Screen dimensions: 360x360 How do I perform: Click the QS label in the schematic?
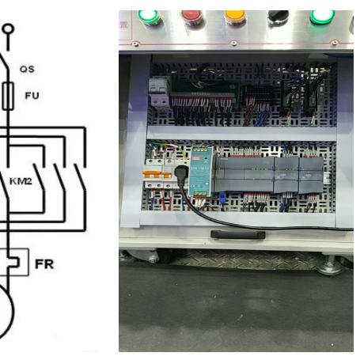(27, 69)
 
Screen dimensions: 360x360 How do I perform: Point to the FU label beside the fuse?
(32, 96)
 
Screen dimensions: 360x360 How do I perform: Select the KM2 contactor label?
(21, 181)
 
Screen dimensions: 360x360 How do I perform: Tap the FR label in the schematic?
(44, 264)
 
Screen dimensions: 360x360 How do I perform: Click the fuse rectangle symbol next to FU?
(8, 96)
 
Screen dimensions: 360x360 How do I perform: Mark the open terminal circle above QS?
(8, 28)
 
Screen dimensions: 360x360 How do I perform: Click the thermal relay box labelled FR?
(14, 262)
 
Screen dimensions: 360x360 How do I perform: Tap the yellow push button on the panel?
(234, 17)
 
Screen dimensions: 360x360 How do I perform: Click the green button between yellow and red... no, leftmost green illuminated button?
(149, 17)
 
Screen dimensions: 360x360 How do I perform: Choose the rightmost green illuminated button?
(322, 17)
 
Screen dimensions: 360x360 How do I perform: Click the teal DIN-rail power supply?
(201, 172)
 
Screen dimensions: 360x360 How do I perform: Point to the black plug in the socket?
(181, 175)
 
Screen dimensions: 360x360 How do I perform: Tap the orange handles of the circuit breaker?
(157, 174)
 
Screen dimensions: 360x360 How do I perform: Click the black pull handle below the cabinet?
(238, 234)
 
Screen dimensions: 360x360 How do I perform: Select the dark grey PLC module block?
(269, 175)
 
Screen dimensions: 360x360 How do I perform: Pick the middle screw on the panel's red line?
(233, 43)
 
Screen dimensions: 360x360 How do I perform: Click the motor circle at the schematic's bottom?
(6, 311)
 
